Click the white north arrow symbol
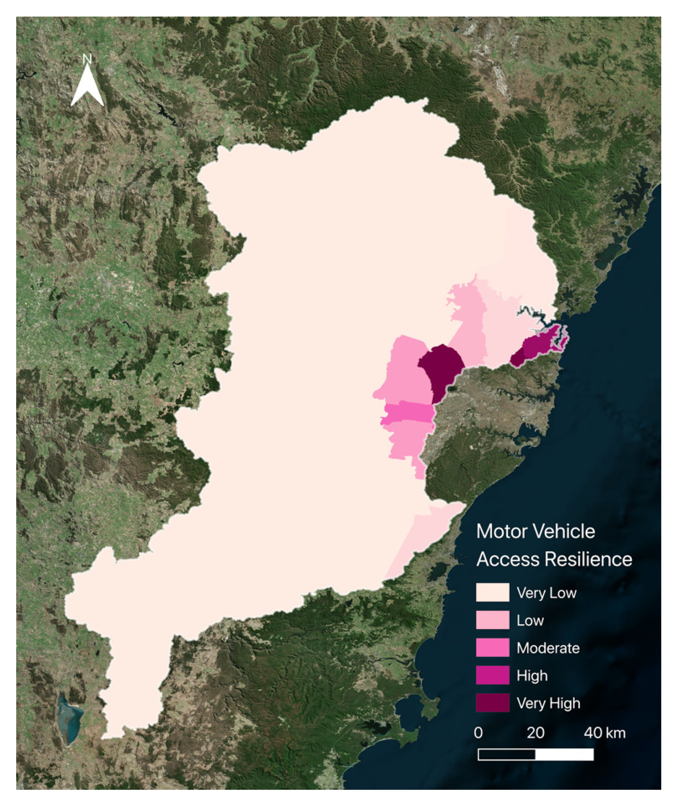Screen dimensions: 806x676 click(x=87, y=87)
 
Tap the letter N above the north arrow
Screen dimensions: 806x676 click(x=87, y=59)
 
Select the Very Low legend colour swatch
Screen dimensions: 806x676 click(x=492, y=593)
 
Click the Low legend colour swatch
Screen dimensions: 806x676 click(x=492, y=620)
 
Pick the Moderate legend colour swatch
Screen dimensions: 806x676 click(x=492, y=648)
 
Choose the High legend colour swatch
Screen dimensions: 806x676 click(x=492, y=675)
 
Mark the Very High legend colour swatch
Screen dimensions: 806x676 click(x=492, y=703)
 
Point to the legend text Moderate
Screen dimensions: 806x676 click(x=548, y=648)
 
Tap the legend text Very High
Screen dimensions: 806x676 click(x=548, y=703)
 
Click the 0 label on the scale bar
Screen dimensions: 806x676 click(x=478, y=733)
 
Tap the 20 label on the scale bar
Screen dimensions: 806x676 click(x=535, y=733)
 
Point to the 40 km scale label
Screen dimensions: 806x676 click(x=605, y=733)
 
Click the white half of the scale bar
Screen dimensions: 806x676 click(x=564, y=755)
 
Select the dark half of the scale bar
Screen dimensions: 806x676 click(x=507, y=755)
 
